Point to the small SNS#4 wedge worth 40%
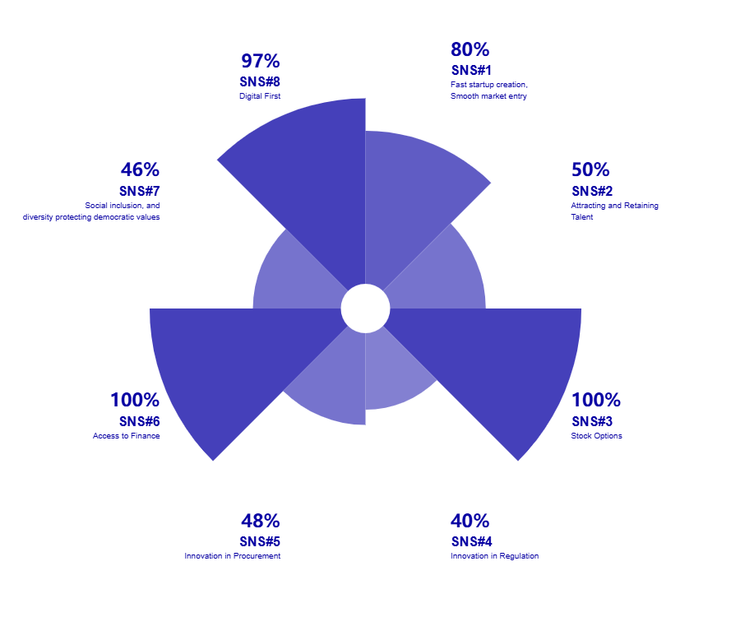tap(395, 370)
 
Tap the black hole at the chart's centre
tap(365, 308)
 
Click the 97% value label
tap(261, 61)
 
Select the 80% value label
tap(470, 49)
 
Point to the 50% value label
tap(590, 170)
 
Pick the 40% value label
tap(470, 521)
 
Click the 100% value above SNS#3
tap(596, 401)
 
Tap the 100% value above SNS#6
tap(135, 401)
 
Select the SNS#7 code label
tap(139, 191)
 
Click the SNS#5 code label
tap(260, 541)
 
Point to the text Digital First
tap(260, 96)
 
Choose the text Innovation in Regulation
tap(494, 556)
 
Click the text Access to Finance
tap(126, 436)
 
